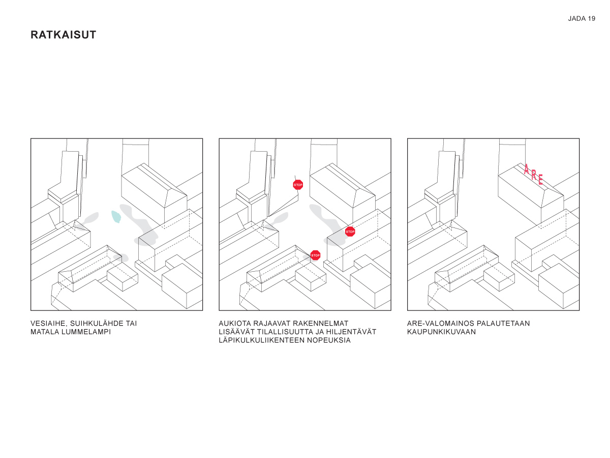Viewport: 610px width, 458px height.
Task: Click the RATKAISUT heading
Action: coord(64,35)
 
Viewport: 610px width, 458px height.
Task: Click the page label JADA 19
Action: coord(582,19)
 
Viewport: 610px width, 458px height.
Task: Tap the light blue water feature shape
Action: coord(116,217)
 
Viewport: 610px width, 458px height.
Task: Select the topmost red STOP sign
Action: coord(298,185)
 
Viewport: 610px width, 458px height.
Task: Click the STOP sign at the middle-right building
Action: coord(350,232)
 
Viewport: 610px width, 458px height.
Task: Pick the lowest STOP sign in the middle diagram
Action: coord(316,255)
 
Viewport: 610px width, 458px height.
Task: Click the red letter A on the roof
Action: coord(526,169)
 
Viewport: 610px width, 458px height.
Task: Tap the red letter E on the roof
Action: coord(540,179)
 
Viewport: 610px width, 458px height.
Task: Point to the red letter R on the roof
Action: coord(534,175)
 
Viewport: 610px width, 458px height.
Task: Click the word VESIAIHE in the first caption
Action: coord(49,324)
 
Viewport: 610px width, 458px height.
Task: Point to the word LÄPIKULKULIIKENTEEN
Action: coord(261,340)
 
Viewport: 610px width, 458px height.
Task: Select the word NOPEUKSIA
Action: coord(329,340)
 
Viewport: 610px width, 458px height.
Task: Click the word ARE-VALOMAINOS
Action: coord(441,324)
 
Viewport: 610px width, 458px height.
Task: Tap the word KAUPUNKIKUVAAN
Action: coord(441,332)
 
